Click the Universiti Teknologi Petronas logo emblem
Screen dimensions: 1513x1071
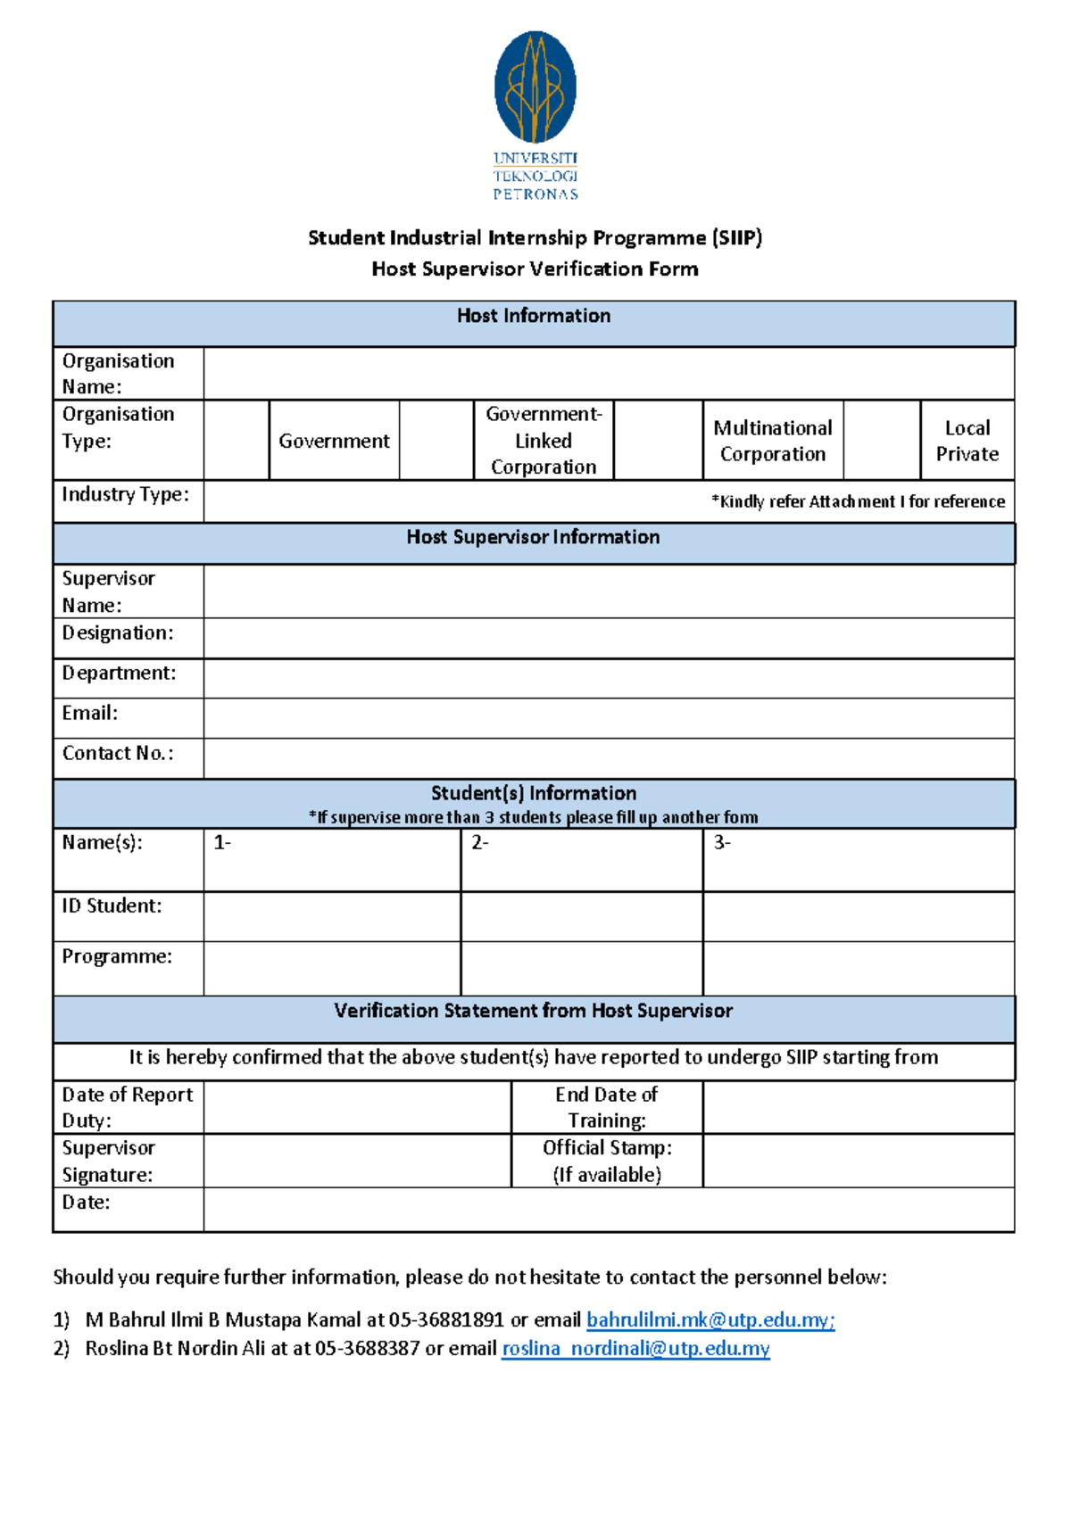(x=535, y=87)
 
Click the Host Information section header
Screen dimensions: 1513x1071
(x=534, y=317)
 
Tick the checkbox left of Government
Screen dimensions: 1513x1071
(x=237, y=440)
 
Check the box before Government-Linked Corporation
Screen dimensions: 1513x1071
(x=436, y=440)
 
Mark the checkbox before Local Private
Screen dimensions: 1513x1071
(x=882, y=440)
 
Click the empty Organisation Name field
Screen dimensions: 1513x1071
(x=608, y=374)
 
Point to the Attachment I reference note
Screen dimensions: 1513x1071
(x=858, y=501)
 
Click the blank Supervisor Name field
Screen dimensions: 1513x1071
(x=608, y=591)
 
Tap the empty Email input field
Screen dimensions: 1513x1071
(x=608, y=717)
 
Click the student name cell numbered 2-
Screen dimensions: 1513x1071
(x=581, y=860)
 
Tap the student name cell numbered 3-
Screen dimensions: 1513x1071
(x=858, y=860)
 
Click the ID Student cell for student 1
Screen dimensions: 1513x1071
(x=332, y=916)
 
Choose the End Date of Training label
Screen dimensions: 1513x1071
(x=607, y=1107)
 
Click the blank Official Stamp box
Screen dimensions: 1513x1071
(x=858, y=1161)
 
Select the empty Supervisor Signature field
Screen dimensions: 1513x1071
(x=357, y=1161)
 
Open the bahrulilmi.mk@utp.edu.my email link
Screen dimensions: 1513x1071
(x=710, y=1319)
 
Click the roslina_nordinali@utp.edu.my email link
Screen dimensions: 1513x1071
(x=635, y=1348)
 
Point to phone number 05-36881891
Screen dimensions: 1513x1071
(x=446, y=1319)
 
